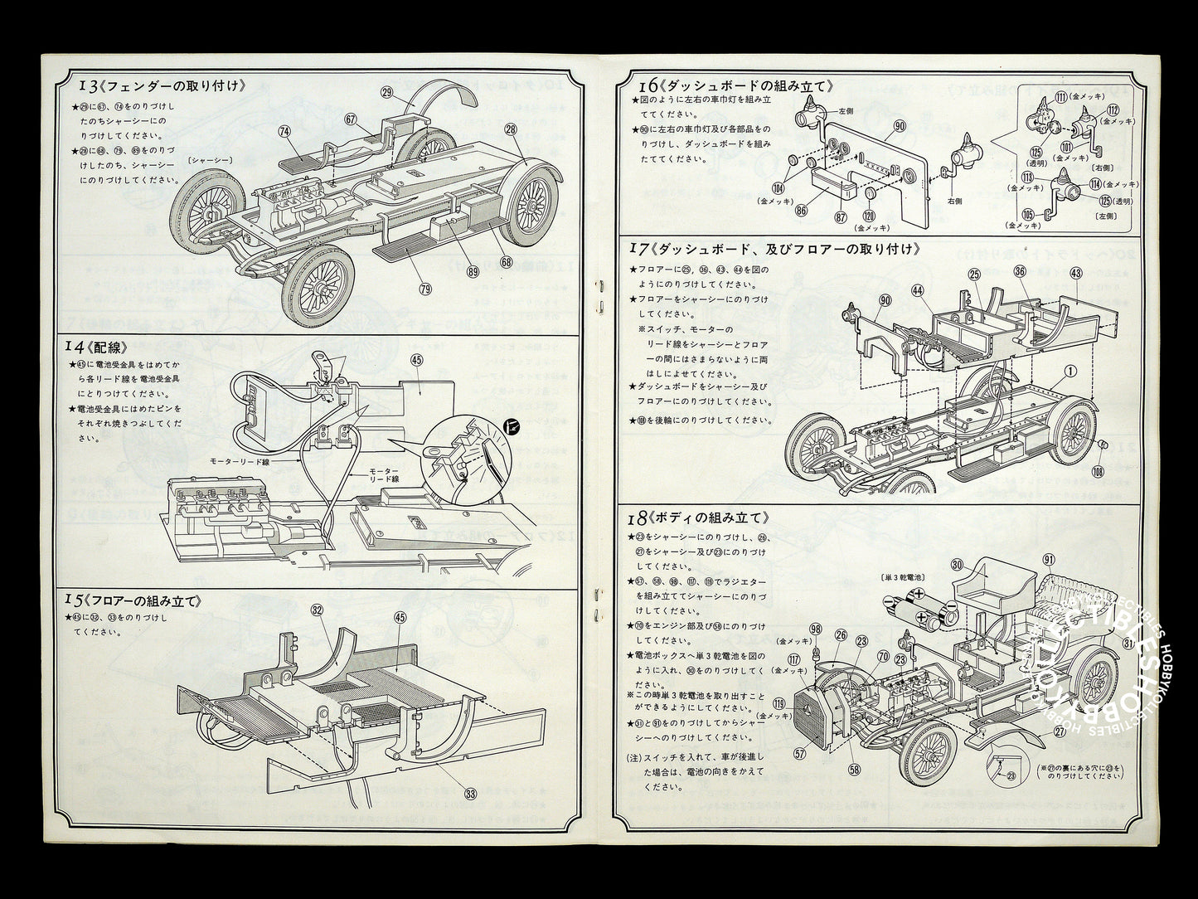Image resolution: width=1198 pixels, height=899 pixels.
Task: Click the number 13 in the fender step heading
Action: point(87,85)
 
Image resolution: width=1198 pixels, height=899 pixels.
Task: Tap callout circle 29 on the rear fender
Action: point(386,93)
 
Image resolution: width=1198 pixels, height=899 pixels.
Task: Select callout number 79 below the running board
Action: point(425,289)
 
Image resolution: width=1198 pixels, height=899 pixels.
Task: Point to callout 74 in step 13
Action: point(285,131)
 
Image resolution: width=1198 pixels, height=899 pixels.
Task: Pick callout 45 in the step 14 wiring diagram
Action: point(416,360)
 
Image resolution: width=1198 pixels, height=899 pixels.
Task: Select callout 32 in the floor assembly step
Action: point(317,610)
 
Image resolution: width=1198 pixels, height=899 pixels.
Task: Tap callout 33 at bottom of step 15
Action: point(471,793)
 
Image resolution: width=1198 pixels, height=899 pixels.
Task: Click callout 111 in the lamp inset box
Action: point(1060,98)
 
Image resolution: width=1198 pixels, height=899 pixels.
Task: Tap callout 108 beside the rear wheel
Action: point(1099,472)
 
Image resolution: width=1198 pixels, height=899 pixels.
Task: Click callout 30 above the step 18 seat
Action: point(957,565)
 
